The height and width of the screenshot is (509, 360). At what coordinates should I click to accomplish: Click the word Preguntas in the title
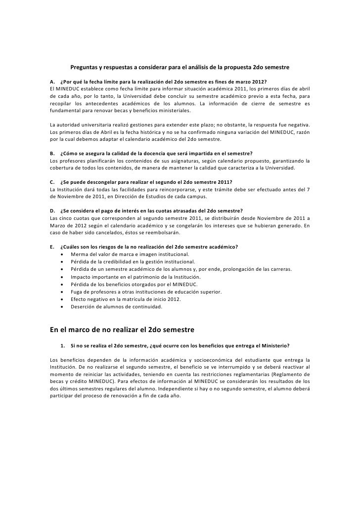pos(85,66)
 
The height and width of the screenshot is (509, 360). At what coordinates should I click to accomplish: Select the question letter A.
pos(52,81)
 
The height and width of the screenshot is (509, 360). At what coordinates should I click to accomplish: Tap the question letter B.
pos(52,153)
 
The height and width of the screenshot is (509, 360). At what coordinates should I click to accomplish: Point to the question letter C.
pos(52,182)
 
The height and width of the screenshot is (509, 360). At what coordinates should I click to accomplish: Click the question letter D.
pos(52,211)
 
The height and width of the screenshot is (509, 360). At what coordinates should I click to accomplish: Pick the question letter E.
pos(52,247)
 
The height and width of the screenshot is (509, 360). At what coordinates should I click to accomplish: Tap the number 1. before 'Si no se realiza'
pos(63,344)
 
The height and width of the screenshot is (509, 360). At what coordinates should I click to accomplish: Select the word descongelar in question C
pos(105,182)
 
